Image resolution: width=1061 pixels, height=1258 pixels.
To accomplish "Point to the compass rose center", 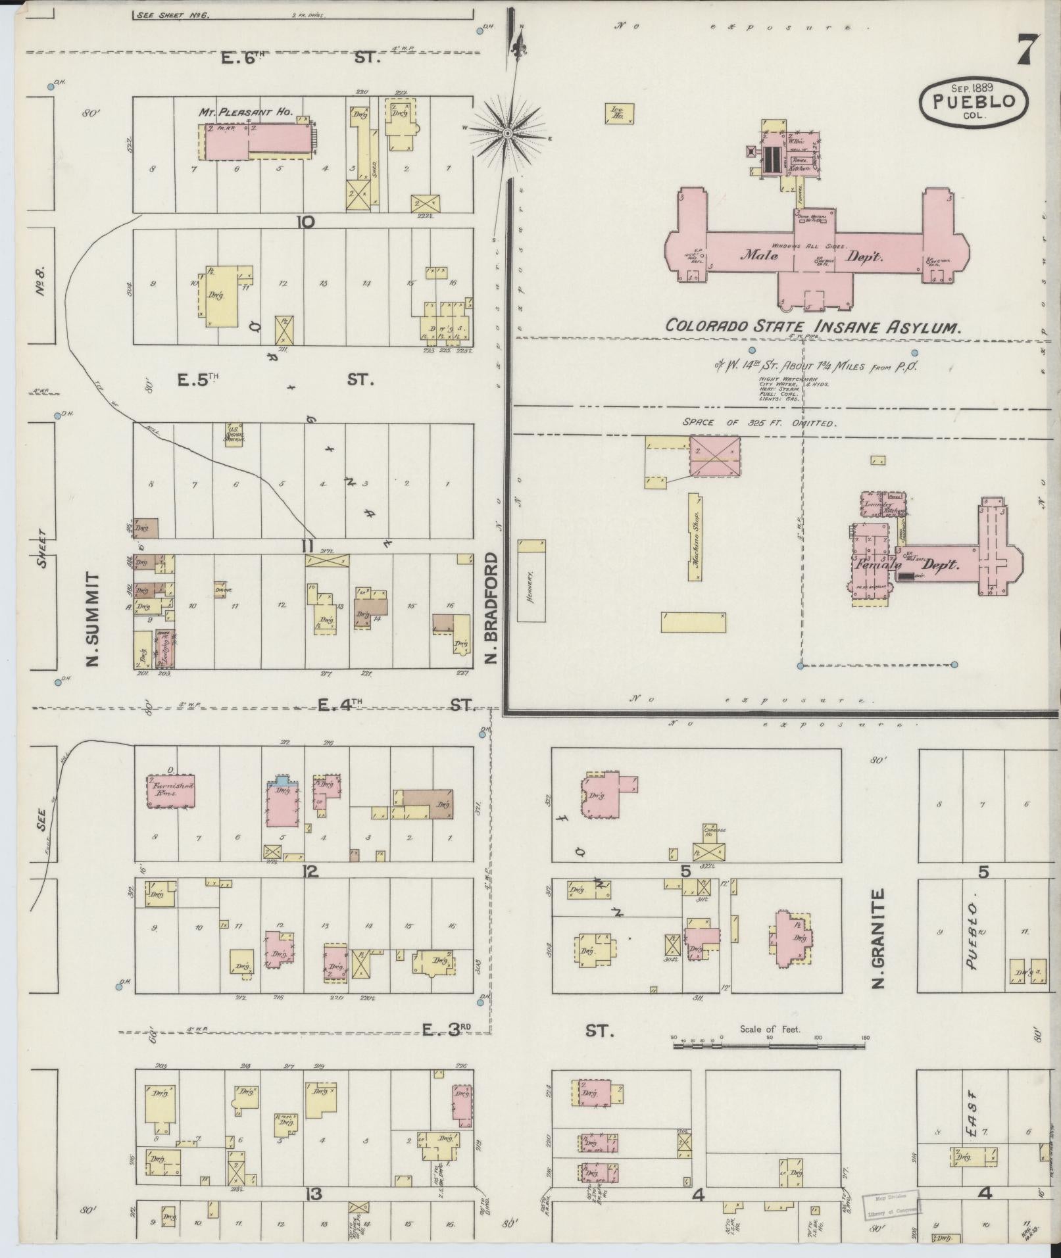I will (x=507, y=133).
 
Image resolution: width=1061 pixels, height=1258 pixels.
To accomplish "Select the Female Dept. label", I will (x=908, y=564).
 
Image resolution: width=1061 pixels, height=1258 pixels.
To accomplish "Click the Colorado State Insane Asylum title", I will (x=814, y=326).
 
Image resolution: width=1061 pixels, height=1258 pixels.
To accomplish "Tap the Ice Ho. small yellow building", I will (x=619, y=113).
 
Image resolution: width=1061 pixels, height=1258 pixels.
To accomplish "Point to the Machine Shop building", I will (x=695, y=537).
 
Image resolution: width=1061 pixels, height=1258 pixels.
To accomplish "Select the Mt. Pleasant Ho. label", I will (x=246, y=112).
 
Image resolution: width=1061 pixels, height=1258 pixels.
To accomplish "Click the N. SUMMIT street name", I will (x=93, y=618).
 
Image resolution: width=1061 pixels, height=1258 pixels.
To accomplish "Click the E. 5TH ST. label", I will (x=276, y=379).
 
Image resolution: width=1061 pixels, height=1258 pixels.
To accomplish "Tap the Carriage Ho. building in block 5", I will (x=710, y=843).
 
